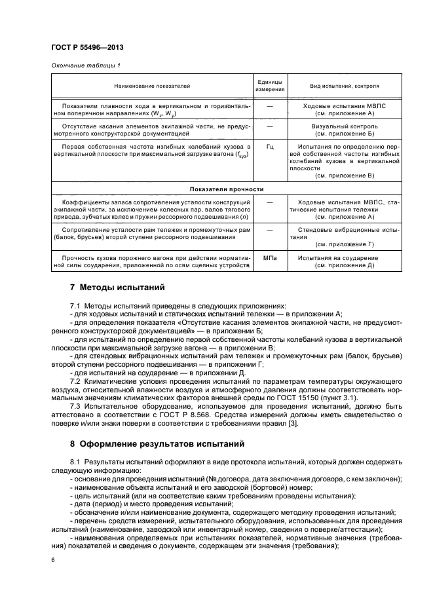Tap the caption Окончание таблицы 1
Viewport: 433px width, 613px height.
(x=85, y=65)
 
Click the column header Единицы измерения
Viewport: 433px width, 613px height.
(x=269, y=85)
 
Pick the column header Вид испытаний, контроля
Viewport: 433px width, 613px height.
(x=344, y=86)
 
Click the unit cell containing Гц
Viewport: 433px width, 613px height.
(x=269, y=147)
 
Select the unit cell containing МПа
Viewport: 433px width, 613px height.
(x=269, y=258)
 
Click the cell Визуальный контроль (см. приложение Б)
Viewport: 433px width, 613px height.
(x=344, y=129)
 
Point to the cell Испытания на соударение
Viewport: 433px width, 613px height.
(x=344, y=258)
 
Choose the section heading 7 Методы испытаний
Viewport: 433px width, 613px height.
(x=113, y=288)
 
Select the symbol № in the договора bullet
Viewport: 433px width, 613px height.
(x=211, y=479)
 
